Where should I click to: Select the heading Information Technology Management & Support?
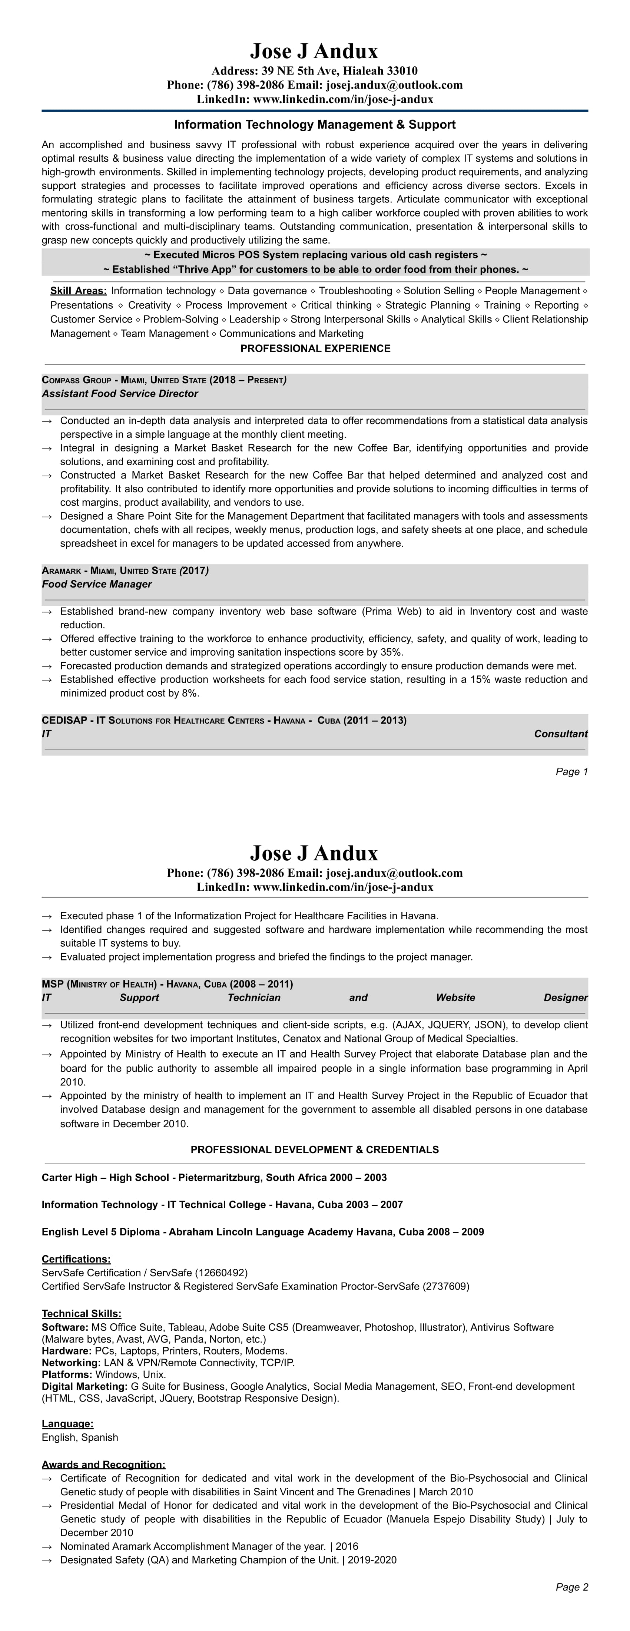(315, 125)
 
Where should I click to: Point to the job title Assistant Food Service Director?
(120, 394)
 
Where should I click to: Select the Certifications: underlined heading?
(76, 1259)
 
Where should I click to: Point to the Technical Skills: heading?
(81, 1314)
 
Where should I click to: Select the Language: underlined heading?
(67, 1424)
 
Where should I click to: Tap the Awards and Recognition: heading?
(103, 1465)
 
